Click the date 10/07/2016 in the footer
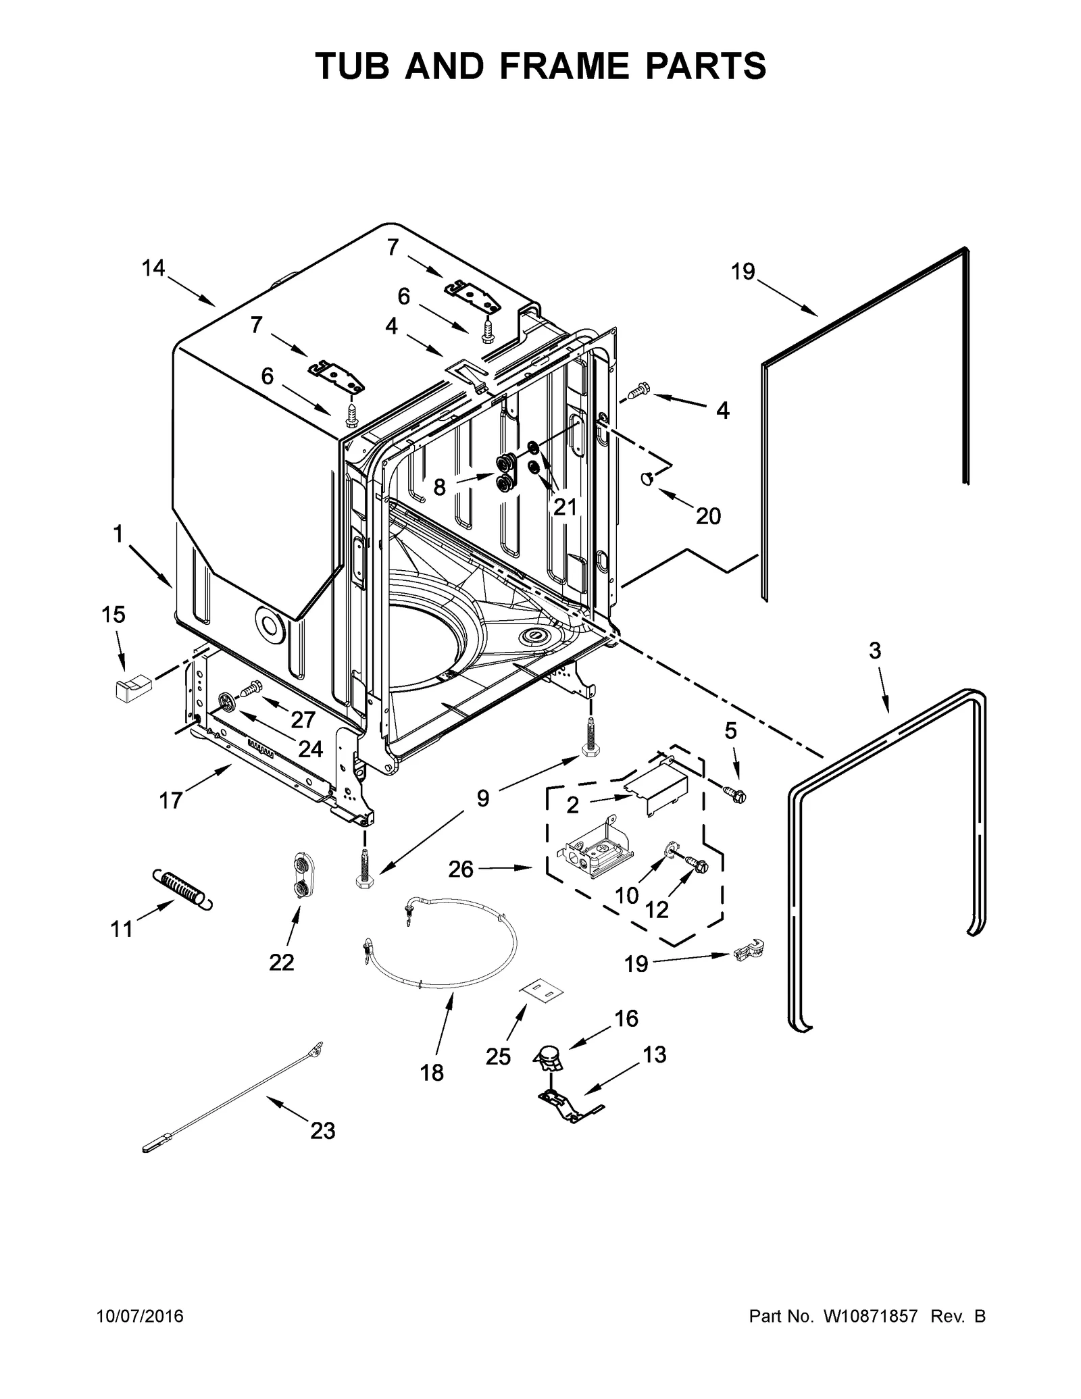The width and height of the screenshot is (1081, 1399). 140,1316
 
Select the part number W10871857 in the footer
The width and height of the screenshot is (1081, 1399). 870,1316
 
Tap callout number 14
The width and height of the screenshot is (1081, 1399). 153,268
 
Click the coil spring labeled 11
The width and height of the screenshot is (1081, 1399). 180,888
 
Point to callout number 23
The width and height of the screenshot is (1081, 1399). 322,1130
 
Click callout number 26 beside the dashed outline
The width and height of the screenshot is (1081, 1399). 461,869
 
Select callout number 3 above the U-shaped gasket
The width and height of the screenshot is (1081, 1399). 874,651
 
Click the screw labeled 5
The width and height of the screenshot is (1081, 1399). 735,794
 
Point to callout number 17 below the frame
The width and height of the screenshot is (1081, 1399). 170,800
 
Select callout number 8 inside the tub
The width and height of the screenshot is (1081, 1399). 439,486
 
